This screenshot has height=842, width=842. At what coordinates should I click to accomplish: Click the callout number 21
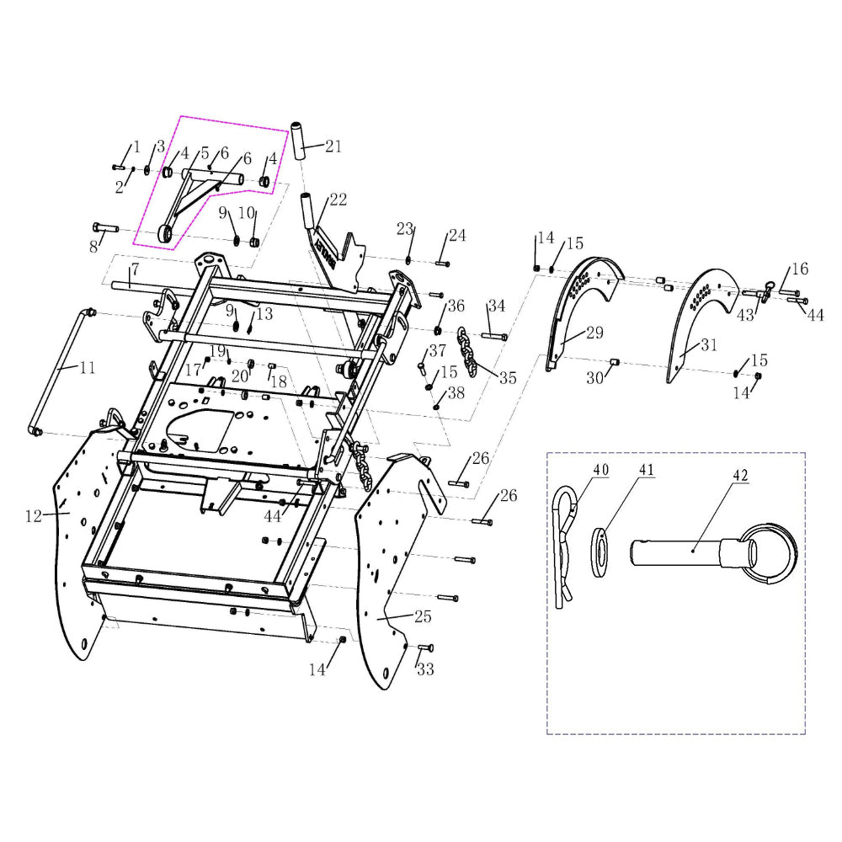coord(333,146)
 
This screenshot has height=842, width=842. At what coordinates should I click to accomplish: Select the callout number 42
coord(740,475)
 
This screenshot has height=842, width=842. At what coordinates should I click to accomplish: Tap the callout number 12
coord(34,516)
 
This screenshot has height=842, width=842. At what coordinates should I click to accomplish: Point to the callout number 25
coord(424,616)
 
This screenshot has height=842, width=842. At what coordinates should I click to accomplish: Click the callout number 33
coord(425,669)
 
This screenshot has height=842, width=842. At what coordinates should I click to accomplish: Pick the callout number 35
coord(508,377)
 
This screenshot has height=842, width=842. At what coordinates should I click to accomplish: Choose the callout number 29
coord(594,333)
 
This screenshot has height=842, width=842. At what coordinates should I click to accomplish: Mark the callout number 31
coord(709,344)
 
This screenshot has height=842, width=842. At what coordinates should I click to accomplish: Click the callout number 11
coord(88,368)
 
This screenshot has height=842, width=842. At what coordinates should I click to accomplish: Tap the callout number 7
coord(135,268)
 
